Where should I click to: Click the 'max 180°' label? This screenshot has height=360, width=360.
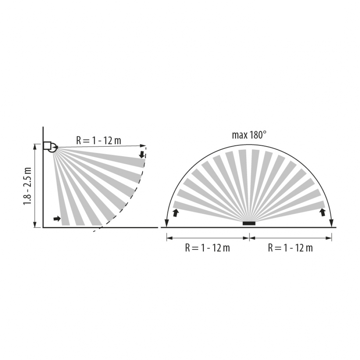(x=249, y=135)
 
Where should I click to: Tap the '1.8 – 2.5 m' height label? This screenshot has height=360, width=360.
(x=28, y=186)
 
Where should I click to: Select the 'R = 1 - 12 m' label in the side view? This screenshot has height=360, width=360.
(x=99, y=140)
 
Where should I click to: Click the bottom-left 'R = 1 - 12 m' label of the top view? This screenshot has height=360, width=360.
(x=208, y=248)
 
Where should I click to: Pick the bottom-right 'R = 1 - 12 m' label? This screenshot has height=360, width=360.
(x=291, y=248)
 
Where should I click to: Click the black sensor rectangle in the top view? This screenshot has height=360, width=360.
(x=249, y=223)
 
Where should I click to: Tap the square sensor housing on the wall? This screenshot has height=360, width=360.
(x=47, y=145)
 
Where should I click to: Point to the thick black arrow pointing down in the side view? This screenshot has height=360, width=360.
(x=142, y=154)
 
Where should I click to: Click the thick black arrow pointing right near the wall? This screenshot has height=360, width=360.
(x=57, y=219)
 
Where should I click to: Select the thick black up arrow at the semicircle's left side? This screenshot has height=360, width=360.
(x=176, y=213)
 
